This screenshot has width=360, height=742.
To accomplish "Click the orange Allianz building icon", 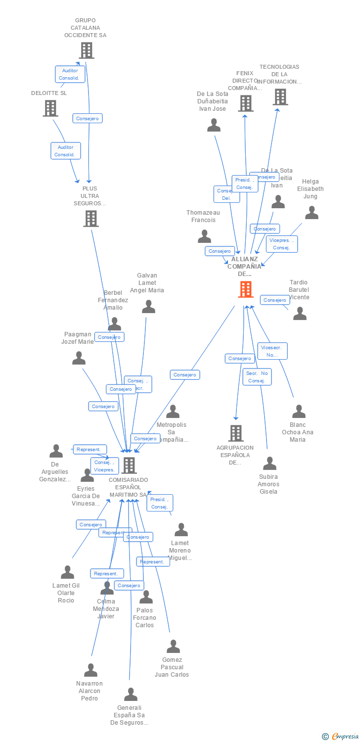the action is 246,289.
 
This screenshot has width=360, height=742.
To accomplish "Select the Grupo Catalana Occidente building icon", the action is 87,50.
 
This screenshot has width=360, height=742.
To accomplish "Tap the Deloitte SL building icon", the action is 50,108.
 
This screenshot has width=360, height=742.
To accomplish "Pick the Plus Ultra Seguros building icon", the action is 91,218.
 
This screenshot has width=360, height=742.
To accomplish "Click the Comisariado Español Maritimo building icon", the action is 129,465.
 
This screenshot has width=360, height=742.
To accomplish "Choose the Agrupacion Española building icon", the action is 236,433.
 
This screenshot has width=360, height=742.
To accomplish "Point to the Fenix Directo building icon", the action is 246,103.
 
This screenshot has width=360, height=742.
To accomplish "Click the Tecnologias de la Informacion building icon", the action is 280,96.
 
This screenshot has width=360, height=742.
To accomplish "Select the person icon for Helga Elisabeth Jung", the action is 312,213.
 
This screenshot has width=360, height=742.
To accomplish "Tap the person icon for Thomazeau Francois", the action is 204,236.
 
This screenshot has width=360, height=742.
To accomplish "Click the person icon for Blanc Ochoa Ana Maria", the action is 299,411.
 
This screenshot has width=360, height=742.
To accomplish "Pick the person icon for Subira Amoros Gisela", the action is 270,464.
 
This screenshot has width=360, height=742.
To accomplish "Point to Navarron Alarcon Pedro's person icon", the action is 90,670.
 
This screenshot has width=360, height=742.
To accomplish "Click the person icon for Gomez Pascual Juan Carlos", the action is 173,647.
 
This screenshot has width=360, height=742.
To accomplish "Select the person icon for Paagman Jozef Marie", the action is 79,358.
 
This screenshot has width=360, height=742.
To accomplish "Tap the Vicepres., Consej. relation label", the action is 282,244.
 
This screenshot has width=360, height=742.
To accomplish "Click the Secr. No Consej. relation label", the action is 257,377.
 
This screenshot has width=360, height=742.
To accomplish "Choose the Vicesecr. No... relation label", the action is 272,351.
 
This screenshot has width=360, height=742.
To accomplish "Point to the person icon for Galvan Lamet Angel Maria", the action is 148,307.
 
